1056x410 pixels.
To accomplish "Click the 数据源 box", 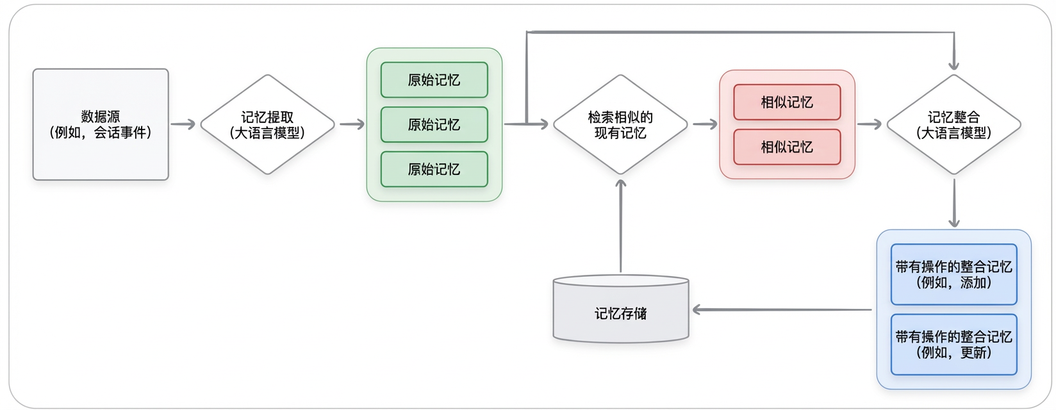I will [x=101, y=124].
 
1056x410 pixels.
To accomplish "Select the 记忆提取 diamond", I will [x=268, y=124].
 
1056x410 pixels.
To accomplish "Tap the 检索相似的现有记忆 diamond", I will [x=620, y=124].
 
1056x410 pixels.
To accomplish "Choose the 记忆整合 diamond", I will [x=953, y=124].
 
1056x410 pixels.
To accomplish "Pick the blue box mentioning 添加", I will [x=953, y=274].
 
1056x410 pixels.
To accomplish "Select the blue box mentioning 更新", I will [x=953, y=344].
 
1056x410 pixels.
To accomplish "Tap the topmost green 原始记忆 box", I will [x=434, y=80].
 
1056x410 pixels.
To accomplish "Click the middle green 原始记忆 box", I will [x=434, y=124].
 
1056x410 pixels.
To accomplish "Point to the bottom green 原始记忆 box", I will [x=434, y=169].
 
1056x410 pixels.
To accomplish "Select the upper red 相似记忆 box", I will [x=787, y=102].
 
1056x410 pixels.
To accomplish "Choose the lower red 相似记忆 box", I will [x=787, y=147].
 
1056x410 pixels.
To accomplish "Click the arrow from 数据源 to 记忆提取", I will [x=183, y=124].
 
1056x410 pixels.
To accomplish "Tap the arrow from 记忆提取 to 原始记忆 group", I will [x=352, y=124].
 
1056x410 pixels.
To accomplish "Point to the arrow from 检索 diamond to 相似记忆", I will [x=705, y=124].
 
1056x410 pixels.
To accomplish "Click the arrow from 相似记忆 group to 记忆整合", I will [x=870, y=124].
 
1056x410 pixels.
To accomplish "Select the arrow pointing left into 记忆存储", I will [x=782, y=310].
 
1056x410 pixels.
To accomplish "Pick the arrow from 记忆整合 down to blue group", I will [x=953, y=203].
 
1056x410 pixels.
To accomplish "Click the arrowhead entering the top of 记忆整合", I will [x=953, y=64].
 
